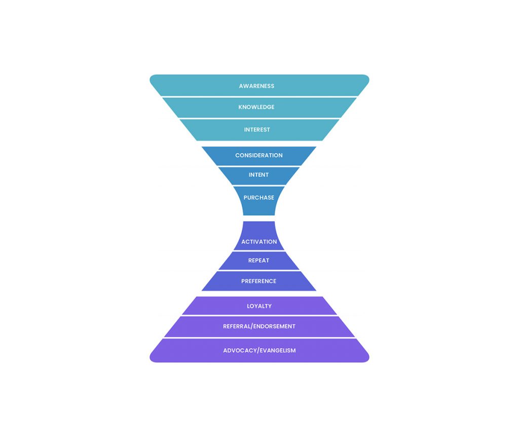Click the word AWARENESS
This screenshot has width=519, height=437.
pos(256,86)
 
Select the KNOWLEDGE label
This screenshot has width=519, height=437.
pos(256,107)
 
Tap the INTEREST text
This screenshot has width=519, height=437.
pos(257,130)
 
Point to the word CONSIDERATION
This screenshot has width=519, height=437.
pos(259,155)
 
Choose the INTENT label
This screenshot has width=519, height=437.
pos(258,175)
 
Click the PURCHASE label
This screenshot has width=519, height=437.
pos(259,198)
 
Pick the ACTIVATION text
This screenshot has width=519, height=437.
pos(259,242)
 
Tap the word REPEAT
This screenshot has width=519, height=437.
pos(258,261)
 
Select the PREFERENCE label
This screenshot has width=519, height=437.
pos(258,281)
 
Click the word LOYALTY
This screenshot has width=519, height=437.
pos(259,306)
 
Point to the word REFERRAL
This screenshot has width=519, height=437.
pos(237,326)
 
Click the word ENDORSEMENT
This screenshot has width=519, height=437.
pos(274,326)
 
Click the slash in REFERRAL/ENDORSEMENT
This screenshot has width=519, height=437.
pos(252,326)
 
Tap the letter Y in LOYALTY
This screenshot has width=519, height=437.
pos(270,306)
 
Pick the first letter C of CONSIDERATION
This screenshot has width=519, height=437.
pos(237,155)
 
